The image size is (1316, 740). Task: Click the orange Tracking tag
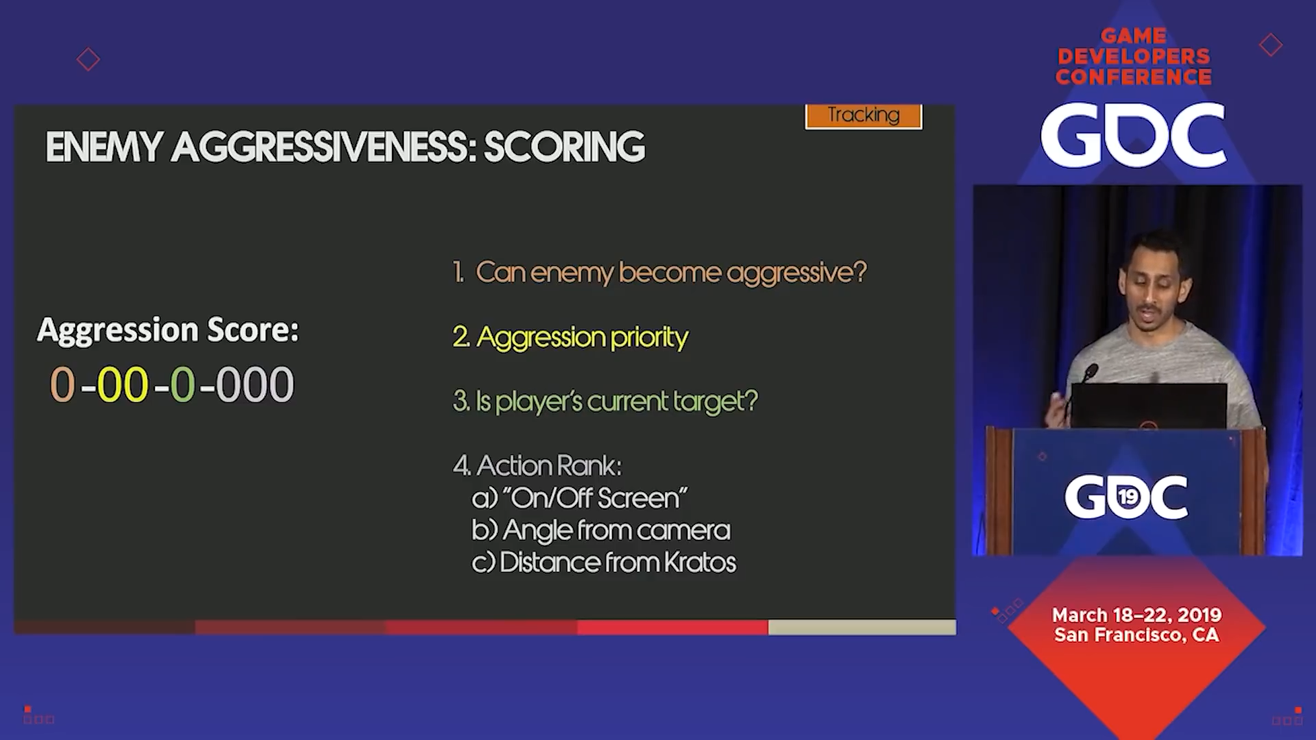[x=864, y=116]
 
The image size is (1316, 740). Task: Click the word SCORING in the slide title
[x=564, y=147]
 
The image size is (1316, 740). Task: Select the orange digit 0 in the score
[x=62, y=384]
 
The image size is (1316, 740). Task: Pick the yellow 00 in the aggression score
[x=123, y=384]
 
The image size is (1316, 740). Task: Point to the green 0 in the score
[x=182, y=384]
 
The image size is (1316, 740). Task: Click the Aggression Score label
[x=168, y=330]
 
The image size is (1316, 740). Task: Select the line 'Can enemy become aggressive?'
[x=659, y=273]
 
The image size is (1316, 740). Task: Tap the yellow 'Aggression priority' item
[x=570, y=337]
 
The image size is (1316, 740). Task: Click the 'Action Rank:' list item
[x=537, y=466]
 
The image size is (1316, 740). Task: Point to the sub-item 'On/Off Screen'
[x=580, y=498]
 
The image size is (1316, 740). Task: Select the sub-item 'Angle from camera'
[x=601, y=530]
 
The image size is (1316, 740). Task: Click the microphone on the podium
[x=1090, y=372]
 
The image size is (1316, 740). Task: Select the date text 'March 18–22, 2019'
[x=1137, y=615]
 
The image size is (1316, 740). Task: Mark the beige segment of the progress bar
[x=862, y=627]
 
